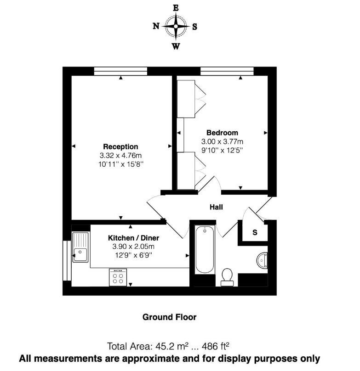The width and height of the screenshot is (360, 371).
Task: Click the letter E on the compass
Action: pos(176,8)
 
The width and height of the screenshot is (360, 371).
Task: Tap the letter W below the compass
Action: pos(176,46)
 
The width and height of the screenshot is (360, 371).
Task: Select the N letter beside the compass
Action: pos(156,26)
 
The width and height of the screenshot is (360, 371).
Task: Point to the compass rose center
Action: pos(176,26)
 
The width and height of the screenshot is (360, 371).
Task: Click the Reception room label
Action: pos(120,146)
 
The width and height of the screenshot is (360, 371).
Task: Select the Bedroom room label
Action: pos(223,133)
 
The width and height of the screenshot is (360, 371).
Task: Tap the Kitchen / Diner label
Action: pos(133,238)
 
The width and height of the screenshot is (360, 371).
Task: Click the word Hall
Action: pos(216,207)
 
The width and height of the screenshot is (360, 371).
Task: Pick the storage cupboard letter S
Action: pos(255,233)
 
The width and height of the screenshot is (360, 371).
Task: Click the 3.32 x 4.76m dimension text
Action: pos(120,156)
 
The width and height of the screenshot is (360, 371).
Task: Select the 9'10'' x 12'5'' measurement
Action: pos(223,150)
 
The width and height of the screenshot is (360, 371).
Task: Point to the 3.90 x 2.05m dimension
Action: pos(133,247)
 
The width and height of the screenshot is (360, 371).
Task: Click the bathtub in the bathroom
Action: pos(205,249)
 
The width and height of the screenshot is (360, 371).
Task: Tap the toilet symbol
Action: pos(227,277)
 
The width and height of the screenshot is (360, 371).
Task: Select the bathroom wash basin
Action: pos(262,260)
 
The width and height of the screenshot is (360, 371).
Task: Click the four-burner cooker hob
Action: pos(118,277)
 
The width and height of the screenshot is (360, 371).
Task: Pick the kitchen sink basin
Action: pos(80,255)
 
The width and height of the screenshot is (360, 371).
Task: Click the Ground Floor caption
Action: pos(170,317)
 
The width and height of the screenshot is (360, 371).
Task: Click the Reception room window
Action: pos(120,71)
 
